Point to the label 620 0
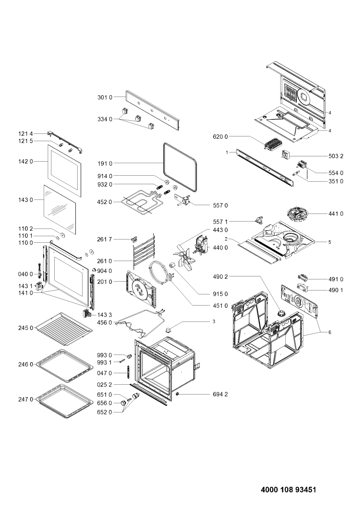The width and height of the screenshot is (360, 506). tap(221, 136)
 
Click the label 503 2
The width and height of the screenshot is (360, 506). tap(336, 156)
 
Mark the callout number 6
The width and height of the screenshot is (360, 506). tap(330, 332)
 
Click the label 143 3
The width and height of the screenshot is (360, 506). tap(104, 315)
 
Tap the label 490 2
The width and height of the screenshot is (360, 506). tap(221, 277)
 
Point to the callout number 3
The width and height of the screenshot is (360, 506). tap(214, 322)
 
